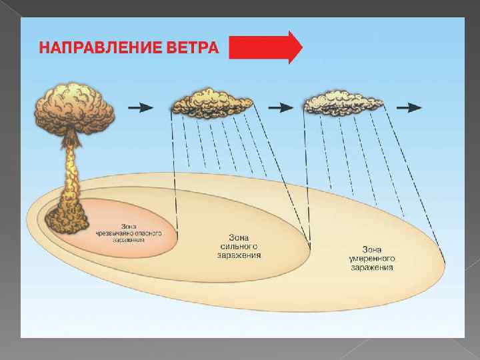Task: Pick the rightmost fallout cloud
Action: [343, 101]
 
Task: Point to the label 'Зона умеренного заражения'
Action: [371, 259]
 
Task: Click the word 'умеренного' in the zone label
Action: [371, 259]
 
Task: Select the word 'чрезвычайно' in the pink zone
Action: [121, 233]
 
